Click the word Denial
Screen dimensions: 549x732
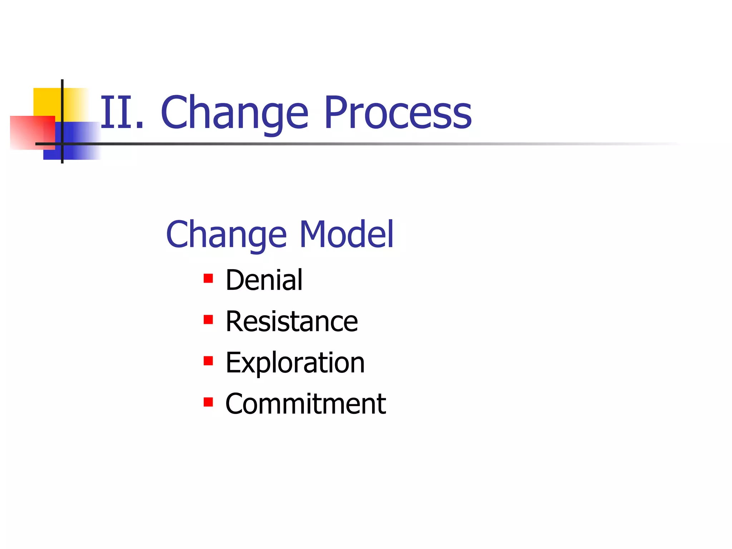264,280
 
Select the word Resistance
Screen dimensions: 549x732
291,321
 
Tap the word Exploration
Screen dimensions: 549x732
295,362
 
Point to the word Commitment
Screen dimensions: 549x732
306,404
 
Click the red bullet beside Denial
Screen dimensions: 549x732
208,278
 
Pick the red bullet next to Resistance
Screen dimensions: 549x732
208,319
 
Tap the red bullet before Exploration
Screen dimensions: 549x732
208,361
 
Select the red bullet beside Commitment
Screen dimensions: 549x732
208,402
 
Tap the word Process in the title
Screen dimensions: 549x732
397,113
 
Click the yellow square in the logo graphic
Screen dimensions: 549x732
46,102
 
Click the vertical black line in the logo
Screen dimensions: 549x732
62,107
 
